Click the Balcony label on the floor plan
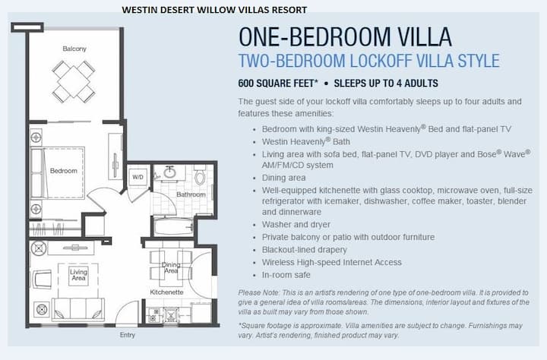point(74,49)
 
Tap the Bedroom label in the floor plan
point(64,171)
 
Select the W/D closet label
point(138,177)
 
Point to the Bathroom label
point(191,194)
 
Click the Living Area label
point(78,274)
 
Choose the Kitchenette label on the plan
point(166,292)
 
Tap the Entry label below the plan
point(128,335)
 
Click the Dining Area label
point(171,267)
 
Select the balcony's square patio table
point(74,81)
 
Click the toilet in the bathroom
point(200,175)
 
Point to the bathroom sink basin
point(170,172)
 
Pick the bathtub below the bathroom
point(172,226)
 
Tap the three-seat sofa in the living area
point(77,309)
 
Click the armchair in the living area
point(42,279)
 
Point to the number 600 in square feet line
point(245,84)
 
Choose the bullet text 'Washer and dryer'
point(296,224)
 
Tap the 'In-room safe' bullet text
point(286,275)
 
